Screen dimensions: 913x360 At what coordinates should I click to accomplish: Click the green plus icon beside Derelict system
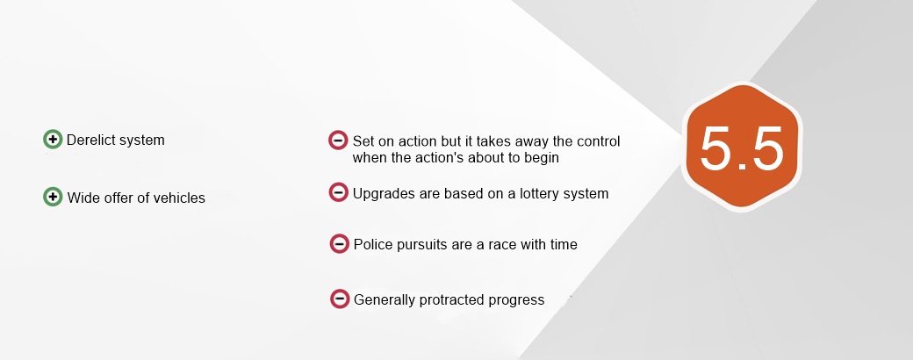pos(53,140)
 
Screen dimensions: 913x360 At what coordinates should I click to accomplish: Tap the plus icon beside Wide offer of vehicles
pos(53,197)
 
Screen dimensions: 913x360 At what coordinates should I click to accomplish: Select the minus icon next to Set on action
pos(338,140)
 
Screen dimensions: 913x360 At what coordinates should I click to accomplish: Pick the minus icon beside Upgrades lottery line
pos(338,192)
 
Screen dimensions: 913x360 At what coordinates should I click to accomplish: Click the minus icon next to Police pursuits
pos(339,243)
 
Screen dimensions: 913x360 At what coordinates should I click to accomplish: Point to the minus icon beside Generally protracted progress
pos(340,299)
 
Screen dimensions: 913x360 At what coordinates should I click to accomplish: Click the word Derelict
pos(89,140)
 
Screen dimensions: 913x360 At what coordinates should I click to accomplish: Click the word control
pos(599,141)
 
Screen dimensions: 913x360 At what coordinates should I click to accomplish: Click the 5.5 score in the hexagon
pos(742,148)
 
